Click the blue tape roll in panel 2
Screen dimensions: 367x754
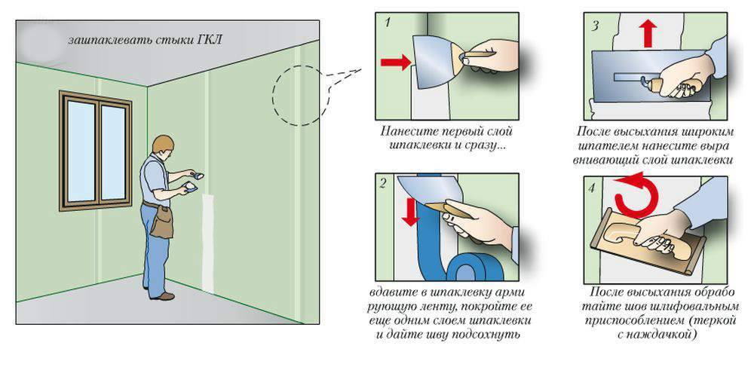point(465,265)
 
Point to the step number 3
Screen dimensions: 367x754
point(595,24)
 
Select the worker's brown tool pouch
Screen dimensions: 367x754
point(160,222)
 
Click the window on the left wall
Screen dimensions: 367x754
point(95,150)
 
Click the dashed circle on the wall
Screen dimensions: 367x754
point(298,95)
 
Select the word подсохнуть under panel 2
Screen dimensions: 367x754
point(490,333)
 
